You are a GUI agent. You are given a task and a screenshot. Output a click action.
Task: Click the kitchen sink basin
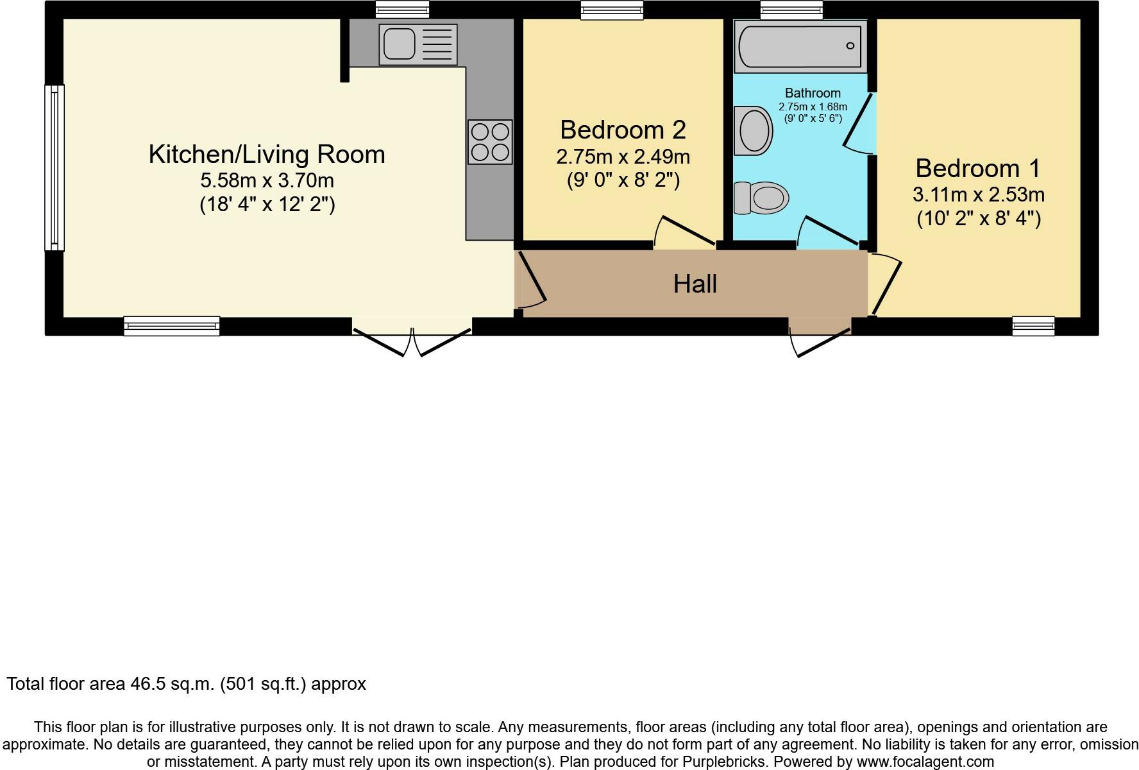(x=400, y=44)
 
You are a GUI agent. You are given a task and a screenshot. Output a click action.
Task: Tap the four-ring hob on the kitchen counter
(x=490, y=142)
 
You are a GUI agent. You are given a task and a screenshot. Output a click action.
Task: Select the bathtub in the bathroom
(x=800, y=46)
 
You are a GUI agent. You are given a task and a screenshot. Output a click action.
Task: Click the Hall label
(x=695, y=284)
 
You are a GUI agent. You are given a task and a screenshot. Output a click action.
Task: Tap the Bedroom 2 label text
(x=623, y=130)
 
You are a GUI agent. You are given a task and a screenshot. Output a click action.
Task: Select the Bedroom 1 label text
(x=977, y=169)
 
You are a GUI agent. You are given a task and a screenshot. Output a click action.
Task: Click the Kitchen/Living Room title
(x=267, y=155)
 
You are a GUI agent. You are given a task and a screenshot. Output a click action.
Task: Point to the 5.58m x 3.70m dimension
(x=267, y=180)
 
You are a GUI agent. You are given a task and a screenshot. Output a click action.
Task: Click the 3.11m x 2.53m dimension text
(x=978, y=194)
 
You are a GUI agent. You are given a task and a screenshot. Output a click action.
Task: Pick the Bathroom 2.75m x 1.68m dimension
(x=813, y=107)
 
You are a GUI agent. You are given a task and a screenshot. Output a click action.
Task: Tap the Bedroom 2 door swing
(x=684, y=233)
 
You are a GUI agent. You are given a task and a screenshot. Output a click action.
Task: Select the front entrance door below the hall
(x=821, y=339)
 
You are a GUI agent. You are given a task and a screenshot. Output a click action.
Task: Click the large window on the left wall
(x=55, y=167)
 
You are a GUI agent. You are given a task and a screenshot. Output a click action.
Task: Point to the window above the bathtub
(x=791, y=10)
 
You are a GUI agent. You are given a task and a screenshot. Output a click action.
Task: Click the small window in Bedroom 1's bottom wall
(x=1033, y=326)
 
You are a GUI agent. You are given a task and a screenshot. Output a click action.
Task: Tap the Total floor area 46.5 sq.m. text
(x=186, y=684)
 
